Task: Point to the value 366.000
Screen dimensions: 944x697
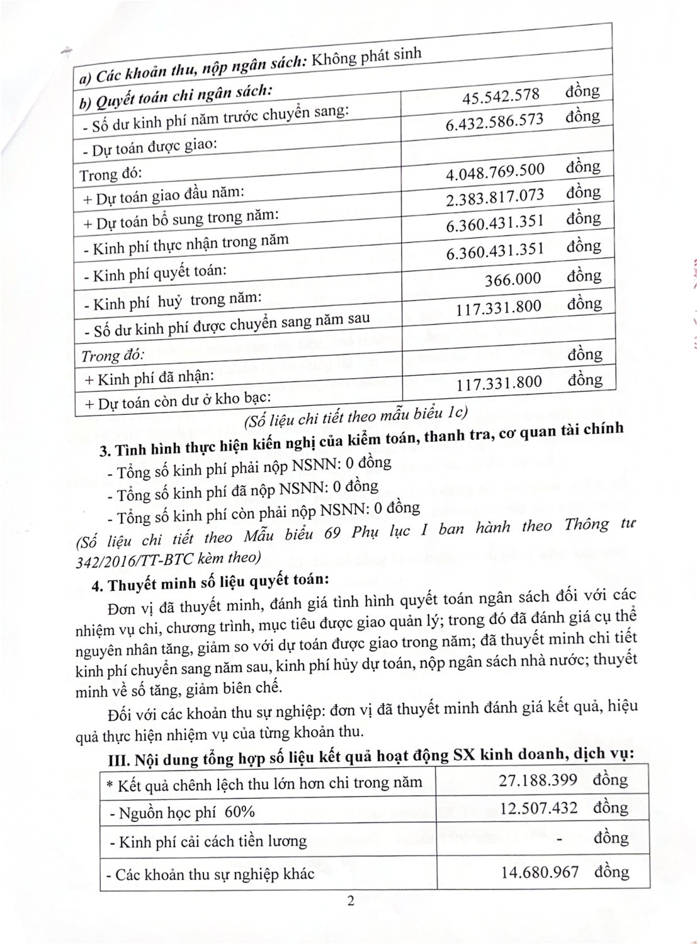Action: [x=513, y=279]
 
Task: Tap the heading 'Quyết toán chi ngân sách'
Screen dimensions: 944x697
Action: [x=176, y=98]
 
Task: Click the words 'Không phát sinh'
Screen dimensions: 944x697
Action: [x=366, y=57]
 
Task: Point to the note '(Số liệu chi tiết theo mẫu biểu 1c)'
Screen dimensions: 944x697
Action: [x=356, y=415]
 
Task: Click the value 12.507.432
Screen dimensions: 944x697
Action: [x=538, y=808]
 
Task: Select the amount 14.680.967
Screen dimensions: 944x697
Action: [x=540, y=872]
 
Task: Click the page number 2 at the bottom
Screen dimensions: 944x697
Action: [x=351, y=901]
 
